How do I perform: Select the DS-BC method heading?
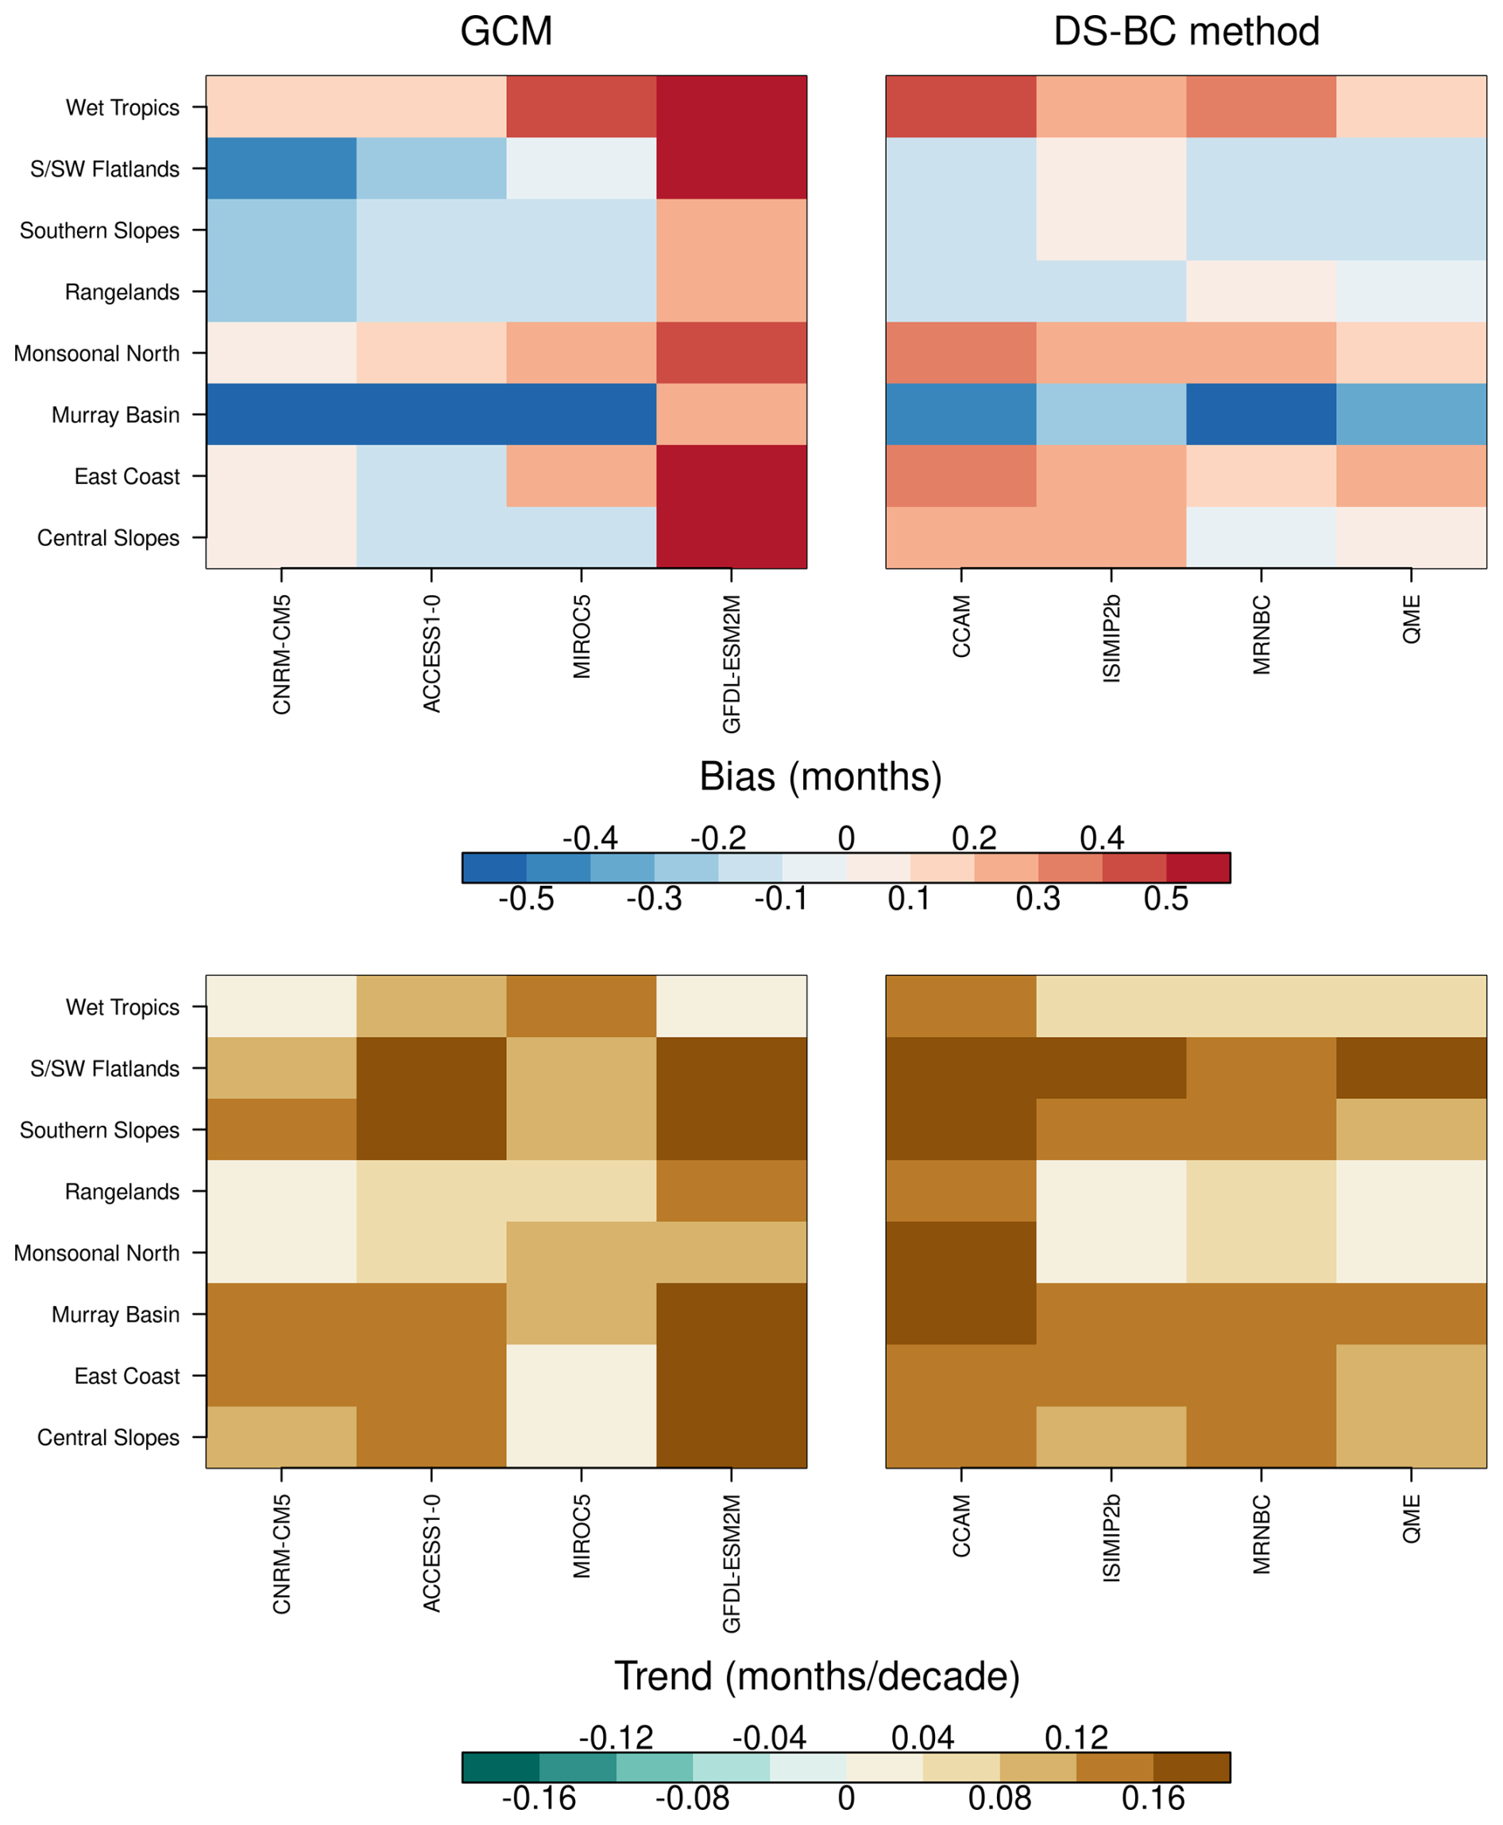click(x=1185, y=32)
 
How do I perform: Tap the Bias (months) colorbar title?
click(x=820, y=776)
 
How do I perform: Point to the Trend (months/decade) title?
click(x=817, y=1676)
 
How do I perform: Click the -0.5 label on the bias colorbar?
click(x=526, y=899)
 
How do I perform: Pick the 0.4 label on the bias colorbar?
click(x=1101, y=838)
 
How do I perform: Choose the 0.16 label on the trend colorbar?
click(x=1153, y=1799)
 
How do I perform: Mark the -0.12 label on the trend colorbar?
click(x=616, y=1738)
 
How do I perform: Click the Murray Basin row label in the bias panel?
click(x=115, y=415)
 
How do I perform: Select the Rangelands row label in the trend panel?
click(x=122, y=1191)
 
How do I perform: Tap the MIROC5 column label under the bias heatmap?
click(x=581, y=636)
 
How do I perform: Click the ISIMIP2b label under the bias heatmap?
click(x=1111, y=639)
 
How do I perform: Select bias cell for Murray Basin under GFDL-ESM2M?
click(x=732, y=415)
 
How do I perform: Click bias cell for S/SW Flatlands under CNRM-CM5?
click(x=281, y=168)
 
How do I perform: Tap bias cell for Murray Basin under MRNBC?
click(x=1261, y=415)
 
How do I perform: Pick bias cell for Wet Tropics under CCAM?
click(x=961, y=106)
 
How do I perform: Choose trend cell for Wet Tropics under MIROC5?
click(x=581, y=1006)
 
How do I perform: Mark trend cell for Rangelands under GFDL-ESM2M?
click(x=732, y=1190)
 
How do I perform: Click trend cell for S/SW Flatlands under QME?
click(x=1411, y=1068)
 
